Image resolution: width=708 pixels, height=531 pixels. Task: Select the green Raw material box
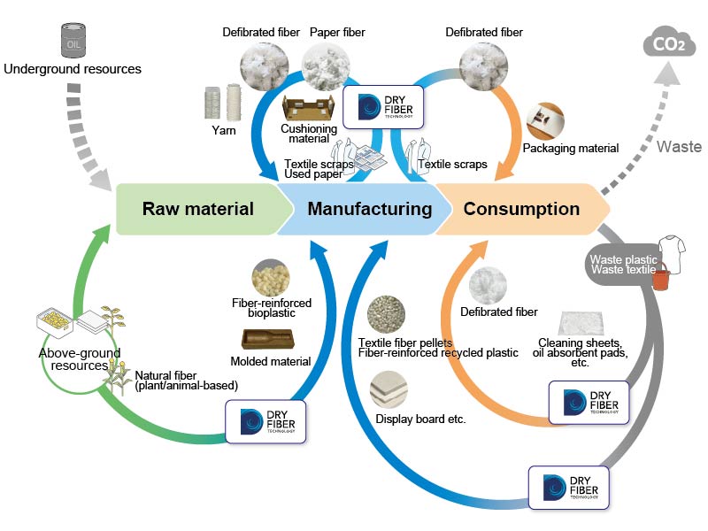198,210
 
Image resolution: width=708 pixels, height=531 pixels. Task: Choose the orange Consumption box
521,210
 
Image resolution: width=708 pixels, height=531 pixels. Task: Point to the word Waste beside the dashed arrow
680,148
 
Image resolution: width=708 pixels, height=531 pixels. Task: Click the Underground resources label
73,68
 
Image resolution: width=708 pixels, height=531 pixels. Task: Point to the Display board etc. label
420,419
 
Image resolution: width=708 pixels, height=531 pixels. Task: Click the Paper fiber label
337,33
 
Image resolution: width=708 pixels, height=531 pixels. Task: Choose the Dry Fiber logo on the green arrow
266,421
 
